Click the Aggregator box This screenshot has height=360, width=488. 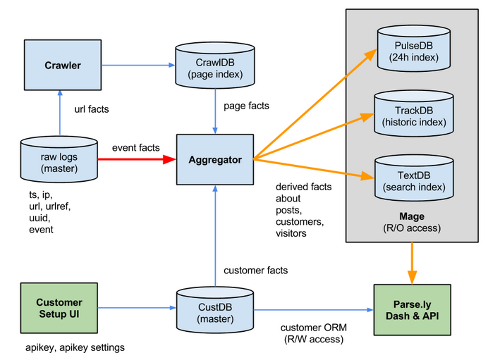216,160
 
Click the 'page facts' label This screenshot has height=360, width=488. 246,106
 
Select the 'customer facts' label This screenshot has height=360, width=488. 255,270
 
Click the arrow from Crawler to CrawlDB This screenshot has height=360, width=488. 138,66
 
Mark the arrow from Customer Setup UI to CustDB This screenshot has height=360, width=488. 137,308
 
